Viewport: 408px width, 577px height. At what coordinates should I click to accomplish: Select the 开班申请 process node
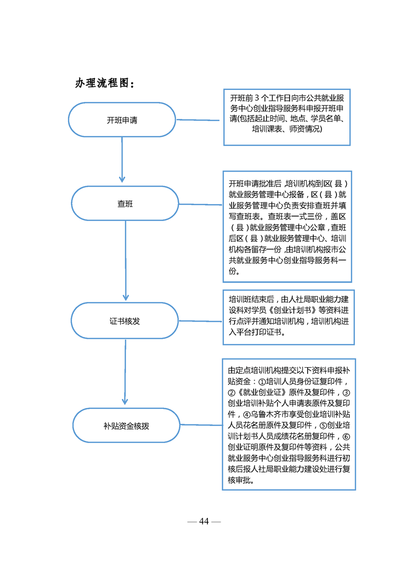pyautogui.click(x=122, y=120)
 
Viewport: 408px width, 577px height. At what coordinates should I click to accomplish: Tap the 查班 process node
pyautogui.click(x=125, y=204)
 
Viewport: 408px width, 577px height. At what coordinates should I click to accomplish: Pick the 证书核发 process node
pyautogui.click(x=125, y=321)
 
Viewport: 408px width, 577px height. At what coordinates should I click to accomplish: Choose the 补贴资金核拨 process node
pyautogui.click(x=126, y=425)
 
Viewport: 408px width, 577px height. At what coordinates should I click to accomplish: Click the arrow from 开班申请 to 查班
pyautogui.click(x=122, y=160)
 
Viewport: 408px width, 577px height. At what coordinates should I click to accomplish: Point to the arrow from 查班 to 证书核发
pyautogui.click(x=126, y=261)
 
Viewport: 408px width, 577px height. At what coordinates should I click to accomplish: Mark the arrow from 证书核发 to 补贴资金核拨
pyautogui.click(x=125, y=372)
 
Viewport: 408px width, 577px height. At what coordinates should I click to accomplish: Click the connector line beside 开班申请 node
pyautogui.click(x=198, y=120)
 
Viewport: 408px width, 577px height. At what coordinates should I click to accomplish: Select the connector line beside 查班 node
pyautogui.click(x=200, y=204)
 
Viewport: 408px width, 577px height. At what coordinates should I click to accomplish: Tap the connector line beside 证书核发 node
pyautogui.click(x=200, y=321)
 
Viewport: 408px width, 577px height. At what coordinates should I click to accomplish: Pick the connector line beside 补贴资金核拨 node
pyautogui.click(x=201, y=425)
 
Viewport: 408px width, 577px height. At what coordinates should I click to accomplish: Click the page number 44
pyautogui.click(x=204, y=521)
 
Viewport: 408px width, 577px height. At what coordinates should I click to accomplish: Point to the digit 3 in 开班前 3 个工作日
pyautogui.click(x=257, y=98)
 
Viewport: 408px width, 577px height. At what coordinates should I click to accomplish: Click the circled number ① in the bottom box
pyautogui.click(x=262, y=382)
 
